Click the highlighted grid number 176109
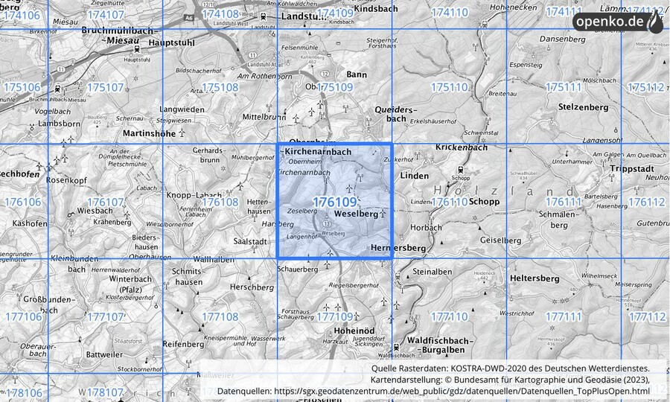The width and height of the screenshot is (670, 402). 334,202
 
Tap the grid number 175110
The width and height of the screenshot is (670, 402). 450,87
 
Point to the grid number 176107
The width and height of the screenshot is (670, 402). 105,202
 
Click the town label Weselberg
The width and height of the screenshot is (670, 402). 357,214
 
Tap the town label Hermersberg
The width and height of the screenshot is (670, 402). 397,247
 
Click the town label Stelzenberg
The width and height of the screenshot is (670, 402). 583,107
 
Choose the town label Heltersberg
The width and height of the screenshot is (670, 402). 535,278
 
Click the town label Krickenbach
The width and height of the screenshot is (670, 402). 461,148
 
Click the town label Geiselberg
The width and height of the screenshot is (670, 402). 501,240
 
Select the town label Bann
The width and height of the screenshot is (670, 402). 357,74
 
